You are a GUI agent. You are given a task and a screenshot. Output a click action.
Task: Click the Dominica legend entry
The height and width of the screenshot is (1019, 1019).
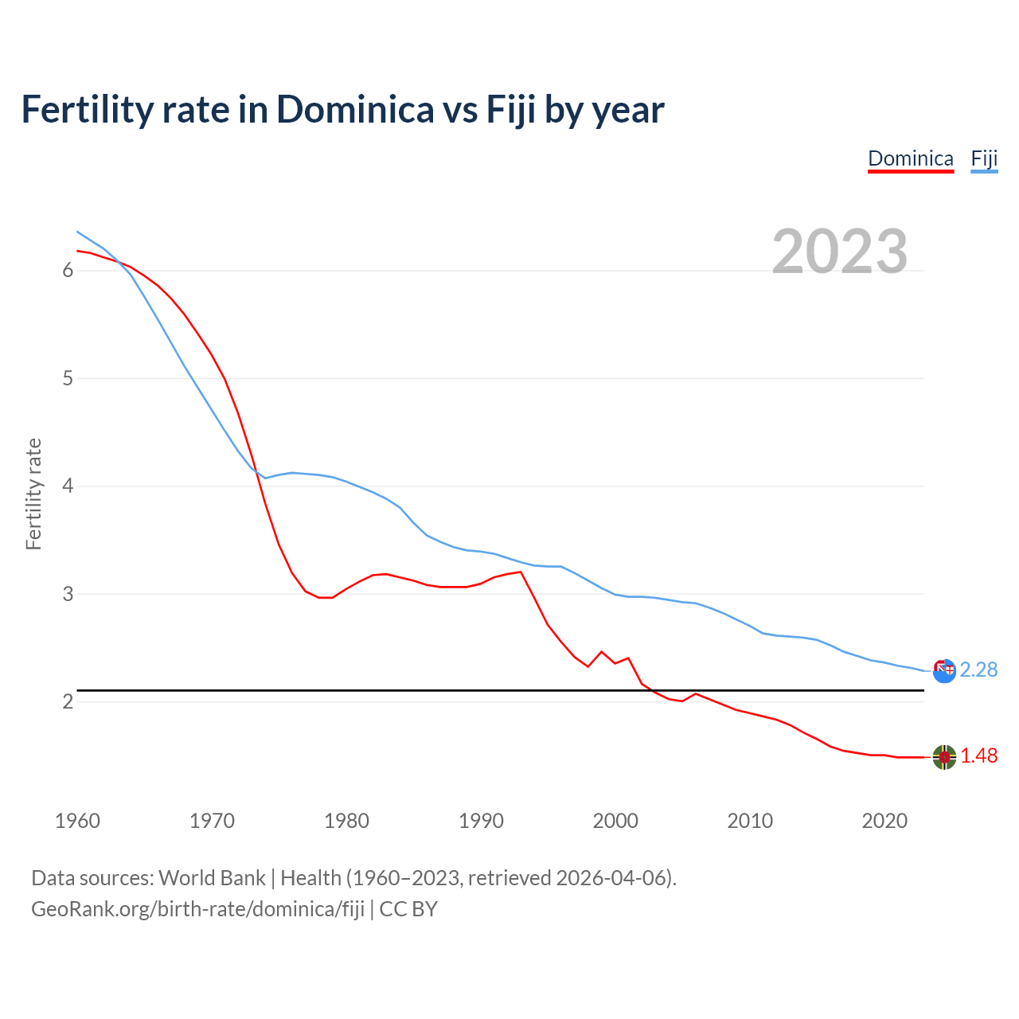[910, 158]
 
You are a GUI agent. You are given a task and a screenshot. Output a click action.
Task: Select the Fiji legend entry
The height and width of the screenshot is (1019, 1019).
[984, 158]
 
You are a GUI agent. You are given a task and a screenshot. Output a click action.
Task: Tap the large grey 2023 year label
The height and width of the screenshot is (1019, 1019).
[839, 252]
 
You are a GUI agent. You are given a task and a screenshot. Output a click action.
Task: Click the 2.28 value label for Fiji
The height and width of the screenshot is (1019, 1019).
[978, 670]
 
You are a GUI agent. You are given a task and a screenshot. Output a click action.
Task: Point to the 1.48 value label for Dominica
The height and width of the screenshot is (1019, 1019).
[978, 756]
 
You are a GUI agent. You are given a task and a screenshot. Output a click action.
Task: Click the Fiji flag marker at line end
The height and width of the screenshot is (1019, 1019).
[944, 671]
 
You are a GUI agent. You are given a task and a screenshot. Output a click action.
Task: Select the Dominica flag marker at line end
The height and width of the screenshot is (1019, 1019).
[944, 757]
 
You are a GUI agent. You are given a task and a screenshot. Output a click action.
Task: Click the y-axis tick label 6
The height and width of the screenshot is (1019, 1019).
[68, 271]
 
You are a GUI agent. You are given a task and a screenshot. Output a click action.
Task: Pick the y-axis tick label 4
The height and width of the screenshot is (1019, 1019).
[68, 486]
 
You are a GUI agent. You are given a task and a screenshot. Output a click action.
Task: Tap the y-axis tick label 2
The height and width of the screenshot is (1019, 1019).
[68, 701]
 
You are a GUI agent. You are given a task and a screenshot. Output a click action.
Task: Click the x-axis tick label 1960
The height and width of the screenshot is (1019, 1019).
[77, 821]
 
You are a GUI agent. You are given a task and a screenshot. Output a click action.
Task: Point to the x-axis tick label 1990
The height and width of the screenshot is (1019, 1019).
[481, 821]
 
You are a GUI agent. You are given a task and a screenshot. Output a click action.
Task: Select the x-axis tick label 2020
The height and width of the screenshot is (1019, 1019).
[884, 821]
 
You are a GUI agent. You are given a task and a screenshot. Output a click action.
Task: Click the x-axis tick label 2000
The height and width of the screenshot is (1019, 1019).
[615, 821]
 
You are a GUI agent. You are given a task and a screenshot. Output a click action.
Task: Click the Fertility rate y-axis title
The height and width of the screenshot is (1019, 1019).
[33, 494]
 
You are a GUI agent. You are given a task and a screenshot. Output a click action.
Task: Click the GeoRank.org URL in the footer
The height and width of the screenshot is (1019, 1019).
[197, 909]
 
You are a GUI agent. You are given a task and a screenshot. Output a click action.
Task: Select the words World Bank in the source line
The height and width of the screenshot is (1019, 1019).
[212, 878]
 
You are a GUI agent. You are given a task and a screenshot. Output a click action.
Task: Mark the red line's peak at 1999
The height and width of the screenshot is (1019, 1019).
[601, 651]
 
